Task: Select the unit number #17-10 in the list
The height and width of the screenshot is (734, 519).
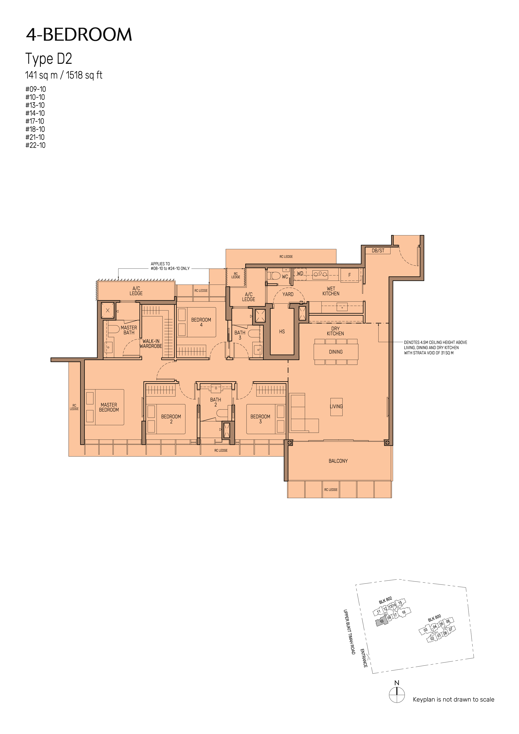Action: pos(35,121)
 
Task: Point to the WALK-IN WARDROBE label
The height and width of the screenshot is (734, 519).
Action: pos(151,344)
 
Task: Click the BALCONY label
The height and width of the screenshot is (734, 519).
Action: pos(338,461)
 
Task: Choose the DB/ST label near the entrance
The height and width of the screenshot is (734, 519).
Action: pos(378,251)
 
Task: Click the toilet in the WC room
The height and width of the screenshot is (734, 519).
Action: pos(274,275)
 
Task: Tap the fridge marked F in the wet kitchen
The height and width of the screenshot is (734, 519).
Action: pos(349,275)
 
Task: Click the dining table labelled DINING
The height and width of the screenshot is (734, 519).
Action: pos(336,352)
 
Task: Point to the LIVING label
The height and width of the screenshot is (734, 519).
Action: pos(336,406)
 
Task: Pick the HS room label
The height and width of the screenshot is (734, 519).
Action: pos(282,331)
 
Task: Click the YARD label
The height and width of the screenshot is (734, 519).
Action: pos(288,294)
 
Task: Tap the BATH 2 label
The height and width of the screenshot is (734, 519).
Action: pos(216,402)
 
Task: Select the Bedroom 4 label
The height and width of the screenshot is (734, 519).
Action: pos(201,322)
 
